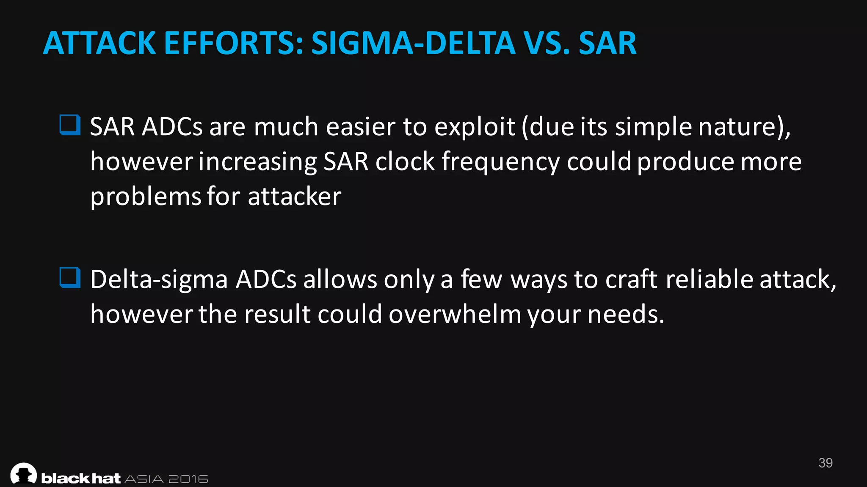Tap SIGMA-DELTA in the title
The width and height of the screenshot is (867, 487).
pyautogui.click(x=413, y=43)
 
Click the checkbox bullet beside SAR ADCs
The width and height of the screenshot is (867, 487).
pyautogui.click(x=70, y=125)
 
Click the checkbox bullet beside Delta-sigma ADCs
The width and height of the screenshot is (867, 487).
pyautogui.click(x=70, y=278)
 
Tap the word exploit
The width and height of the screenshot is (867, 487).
pyautogui.click(x=475, y=126)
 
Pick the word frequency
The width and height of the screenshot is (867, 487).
pyautogui.click(x=500, y=162)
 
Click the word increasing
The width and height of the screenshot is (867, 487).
pyautogui.click(x=257, y=162)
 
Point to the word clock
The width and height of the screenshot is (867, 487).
pyautogui.click(x=405, y=162)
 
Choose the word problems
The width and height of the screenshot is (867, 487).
pyautogui.click(x=146, y=197)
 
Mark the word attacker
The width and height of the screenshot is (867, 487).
pyautogui.click(x=294, y=197)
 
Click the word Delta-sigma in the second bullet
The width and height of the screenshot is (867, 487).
pyautogui.click(x=159, y=279)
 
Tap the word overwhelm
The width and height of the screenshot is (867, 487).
pyautogui.click(x=455, y=315)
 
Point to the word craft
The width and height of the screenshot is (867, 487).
pyautogui.click(x=631, y=279)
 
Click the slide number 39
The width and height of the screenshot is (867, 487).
pyautogui.click(x=826, y=463)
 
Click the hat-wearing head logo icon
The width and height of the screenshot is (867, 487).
pyautogui.click(x=24, y=473)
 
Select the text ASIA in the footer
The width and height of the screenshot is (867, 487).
pyautogui.click(x=144, y=479)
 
